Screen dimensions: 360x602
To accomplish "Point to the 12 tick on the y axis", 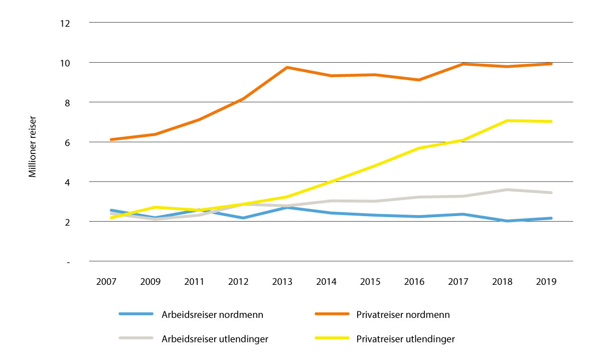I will pos(64,23).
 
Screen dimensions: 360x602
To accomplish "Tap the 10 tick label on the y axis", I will pos(64,63).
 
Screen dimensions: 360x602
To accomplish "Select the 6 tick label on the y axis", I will pos(66,142).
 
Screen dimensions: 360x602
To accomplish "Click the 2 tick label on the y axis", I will pos(66,222).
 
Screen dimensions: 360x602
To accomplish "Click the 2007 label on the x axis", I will pos(106,282).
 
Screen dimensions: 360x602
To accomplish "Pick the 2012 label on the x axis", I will pos(238,282).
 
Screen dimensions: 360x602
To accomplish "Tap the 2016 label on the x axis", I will pos(414,282).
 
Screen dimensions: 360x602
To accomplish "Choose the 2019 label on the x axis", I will pos(546,282).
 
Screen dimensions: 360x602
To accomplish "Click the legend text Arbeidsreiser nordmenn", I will pos(212,315).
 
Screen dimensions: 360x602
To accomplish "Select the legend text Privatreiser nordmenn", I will pos(403,315).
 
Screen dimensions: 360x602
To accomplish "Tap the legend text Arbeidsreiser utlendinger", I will pos(215,339).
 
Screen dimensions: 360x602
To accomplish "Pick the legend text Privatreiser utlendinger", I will pos(405,339).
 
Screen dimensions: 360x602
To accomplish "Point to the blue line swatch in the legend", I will pos(135,314).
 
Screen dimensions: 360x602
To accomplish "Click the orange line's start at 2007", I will pos(110,139).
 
